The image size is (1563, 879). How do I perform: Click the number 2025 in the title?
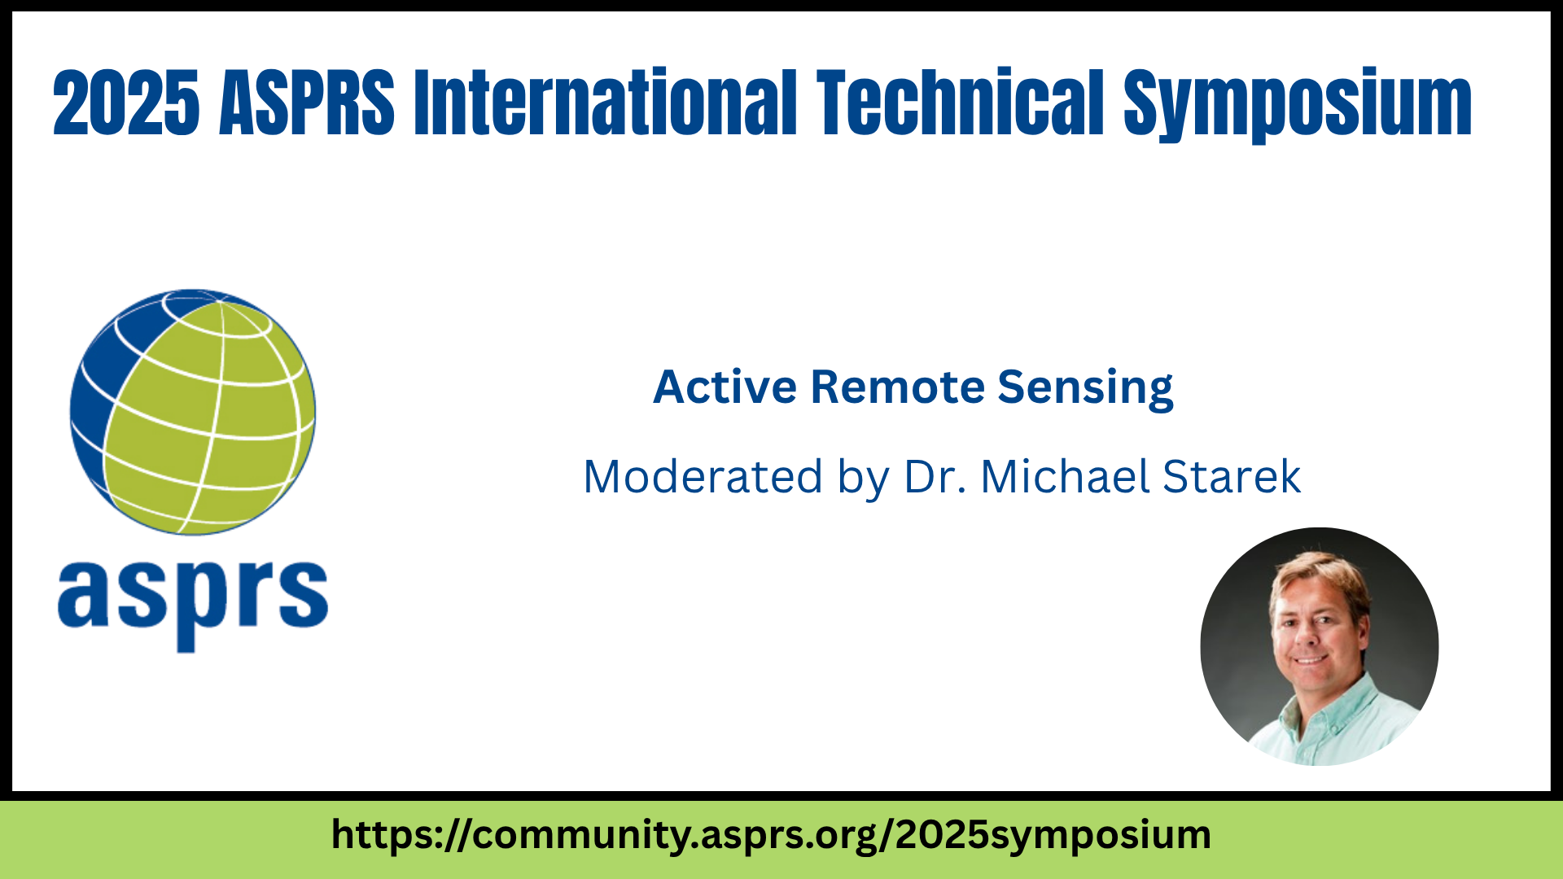coord(126,103)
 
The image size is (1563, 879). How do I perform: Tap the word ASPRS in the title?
coord(307,103)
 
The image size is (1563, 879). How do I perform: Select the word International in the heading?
coord(606,103)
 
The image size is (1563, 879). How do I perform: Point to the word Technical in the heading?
coord(961,103)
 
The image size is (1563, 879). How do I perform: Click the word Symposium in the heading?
coord(1298,106)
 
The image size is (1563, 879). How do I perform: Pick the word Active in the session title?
coord(725,387)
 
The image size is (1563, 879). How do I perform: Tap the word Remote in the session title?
coord(898,387)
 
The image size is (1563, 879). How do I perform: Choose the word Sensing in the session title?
coord(1085,390)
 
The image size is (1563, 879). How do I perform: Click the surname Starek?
coord(1232,477)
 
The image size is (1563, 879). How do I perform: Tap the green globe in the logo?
coord(193,412)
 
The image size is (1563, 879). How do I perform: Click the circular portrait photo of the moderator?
coord(1320,646)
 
